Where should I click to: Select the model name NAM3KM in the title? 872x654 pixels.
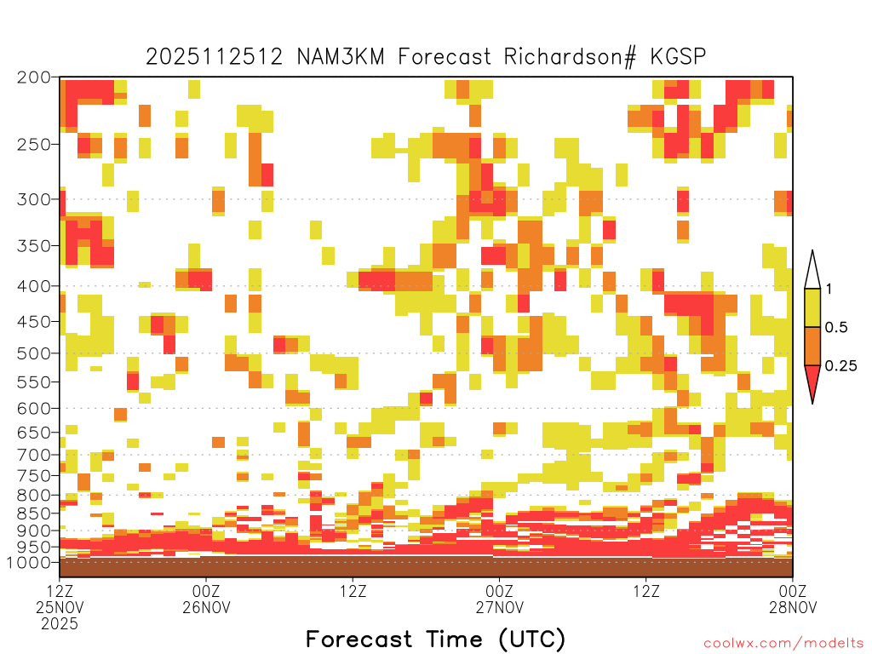[x=341, y=57]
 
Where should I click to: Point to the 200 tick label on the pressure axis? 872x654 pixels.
[x=34, y=77]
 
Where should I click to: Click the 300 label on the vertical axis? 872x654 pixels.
[x=34, y=199]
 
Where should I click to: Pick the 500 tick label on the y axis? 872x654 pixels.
[x=34, y=353]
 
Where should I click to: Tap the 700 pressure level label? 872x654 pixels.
[x=34, y=455]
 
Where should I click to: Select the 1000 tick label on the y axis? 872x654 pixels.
[x=29, y=562]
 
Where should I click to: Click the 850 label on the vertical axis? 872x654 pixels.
[x=34, y=513]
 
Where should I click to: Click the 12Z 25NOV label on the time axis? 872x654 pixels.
[x=60, y=606]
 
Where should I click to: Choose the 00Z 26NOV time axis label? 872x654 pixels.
[x=206, y=599]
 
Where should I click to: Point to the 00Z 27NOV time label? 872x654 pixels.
[x=499, y=599]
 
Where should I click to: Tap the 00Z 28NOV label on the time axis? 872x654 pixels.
[x=793, y=599]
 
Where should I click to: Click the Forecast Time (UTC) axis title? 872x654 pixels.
[x=435, y=640]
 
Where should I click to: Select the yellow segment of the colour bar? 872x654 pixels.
[x=812, y=307]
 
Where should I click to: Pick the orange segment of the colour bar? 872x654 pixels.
[x=812, y=346]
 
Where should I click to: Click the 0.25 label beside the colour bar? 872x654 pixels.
[x=840, y=366]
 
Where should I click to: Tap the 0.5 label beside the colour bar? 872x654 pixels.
[x=836, y=328]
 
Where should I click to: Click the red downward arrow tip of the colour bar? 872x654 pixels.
[x=812, y=403]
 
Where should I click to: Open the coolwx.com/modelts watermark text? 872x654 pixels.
[x=787, y=644]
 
